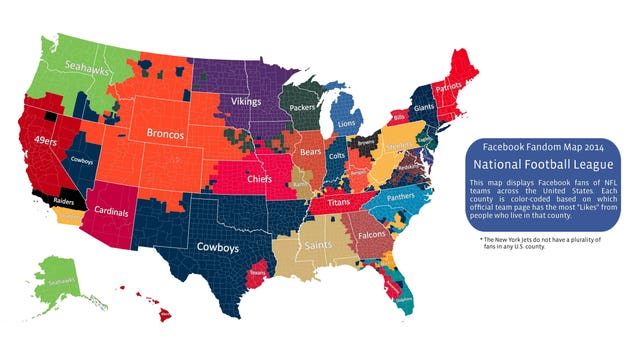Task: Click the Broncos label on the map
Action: point(162,134)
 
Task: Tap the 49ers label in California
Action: point(46,141)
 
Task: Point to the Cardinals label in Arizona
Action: point(118,211)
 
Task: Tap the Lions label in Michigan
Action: point(347,124)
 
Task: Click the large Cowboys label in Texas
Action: point(218,246)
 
